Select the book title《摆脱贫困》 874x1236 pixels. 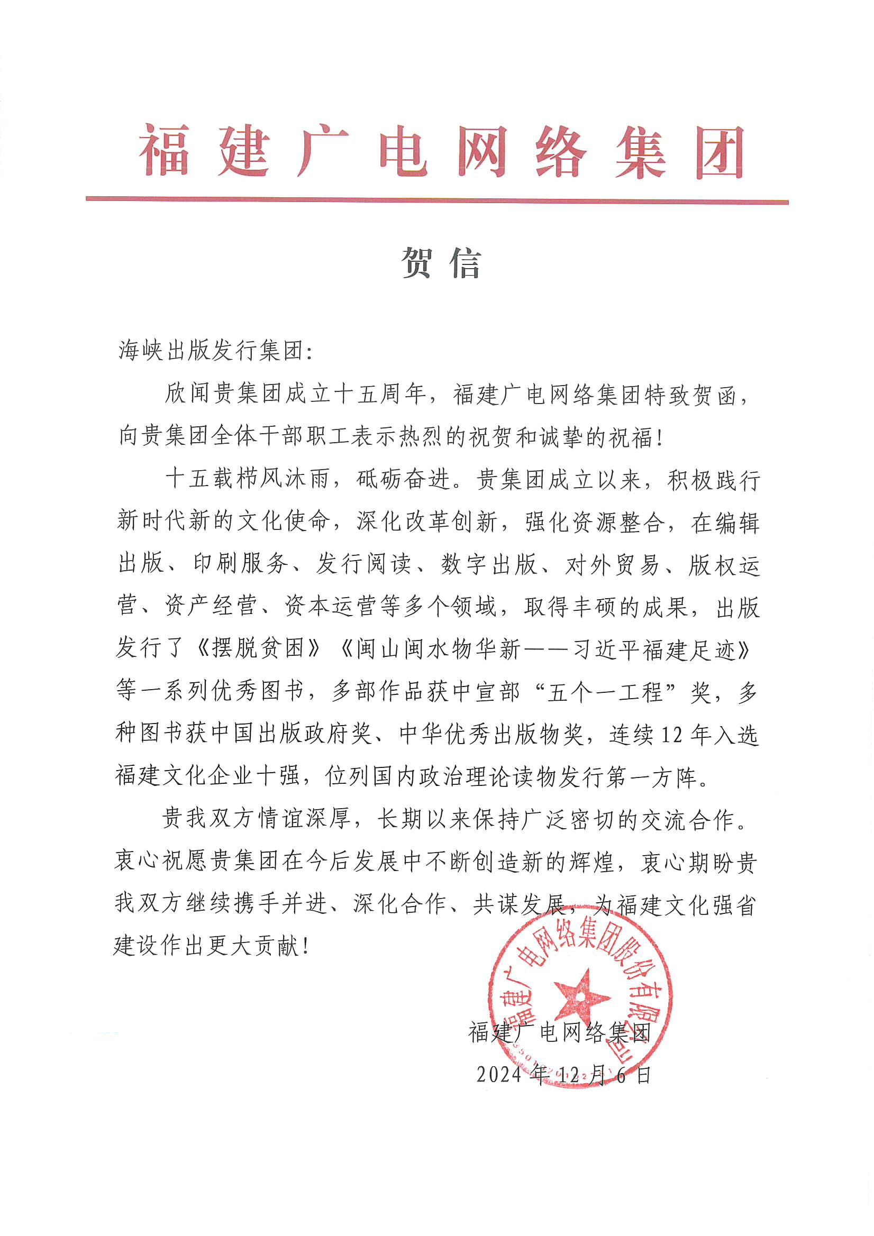click(259, 648)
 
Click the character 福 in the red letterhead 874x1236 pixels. click(165, 151)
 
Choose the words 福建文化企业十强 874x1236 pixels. click(207, 776)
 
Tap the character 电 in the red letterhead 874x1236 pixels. click(404, 151)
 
